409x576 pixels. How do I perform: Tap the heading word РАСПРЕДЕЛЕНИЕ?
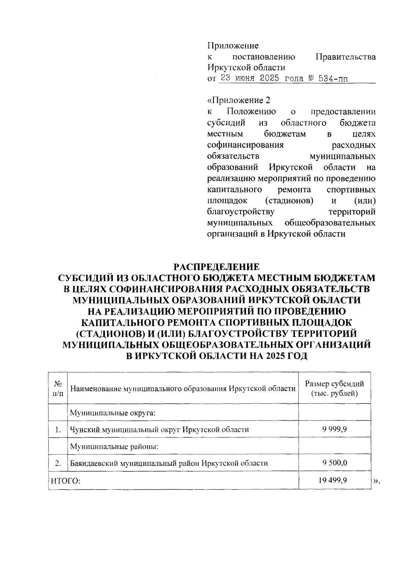pyautogui.click(x=217, y=266)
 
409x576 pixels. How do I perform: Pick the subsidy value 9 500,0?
pyautogui.click(x=334, y=463)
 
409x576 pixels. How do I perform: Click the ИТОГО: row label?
pyautogui.click(x=65, y=481)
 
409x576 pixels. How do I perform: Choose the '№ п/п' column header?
pyautogui.click(x=58, y=388)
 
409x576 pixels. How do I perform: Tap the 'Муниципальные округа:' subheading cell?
pyautogui.click(x=113, y=413)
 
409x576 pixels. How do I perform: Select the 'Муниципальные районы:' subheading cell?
pyautogui.click(x=114, y=446)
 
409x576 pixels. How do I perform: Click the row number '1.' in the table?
pyautogui.click(x=58, y=430)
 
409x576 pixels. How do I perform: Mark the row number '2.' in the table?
pyautogui.click(x=58, y=463)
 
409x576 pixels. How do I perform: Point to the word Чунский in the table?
pyautogui.click(x=83, y=430)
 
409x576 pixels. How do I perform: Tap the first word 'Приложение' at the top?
pyautogui.click(x=233, y=46)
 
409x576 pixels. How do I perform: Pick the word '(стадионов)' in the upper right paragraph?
pyautogui.click(x=289, y=201)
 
